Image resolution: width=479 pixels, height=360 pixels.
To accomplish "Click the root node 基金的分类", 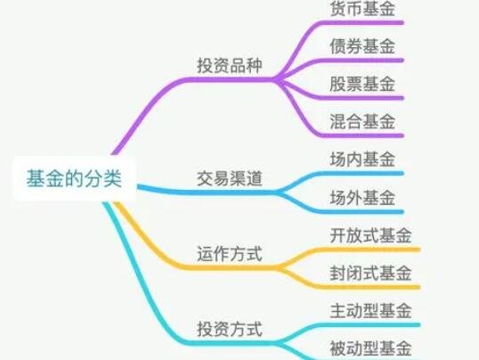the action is tap(74, 178).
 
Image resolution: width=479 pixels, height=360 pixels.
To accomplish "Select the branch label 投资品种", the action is tap(230, 65).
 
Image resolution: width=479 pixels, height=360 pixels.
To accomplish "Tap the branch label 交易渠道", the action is tap(230, 178).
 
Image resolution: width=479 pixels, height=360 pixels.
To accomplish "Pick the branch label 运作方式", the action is tap(230, 254).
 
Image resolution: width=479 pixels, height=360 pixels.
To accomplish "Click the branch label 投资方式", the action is tap(230, 329).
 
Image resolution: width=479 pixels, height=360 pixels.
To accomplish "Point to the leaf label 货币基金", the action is tap(362, 8).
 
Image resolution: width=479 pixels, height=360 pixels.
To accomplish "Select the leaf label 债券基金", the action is tap(362, 45).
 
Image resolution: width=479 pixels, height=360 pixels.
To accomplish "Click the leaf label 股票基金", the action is tap(362, 84).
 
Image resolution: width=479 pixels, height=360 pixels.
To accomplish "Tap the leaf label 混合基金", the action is tap(362, 121).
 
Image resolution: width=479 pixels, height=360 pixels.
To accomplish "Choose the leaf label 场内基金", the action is tap(362, 159).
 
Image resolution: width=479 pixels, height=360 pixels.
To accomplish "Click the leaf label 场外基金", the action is tap(362, 197).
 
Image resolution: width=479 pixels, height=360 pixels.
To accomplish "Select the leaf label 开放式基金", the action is tap(371, 235).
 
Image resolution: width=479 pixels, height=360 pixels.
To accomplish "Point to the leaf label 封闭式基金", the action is tap(371, 273).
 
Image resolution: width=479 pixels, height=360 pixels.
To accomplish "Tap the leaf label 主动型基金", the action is tap(371, 310).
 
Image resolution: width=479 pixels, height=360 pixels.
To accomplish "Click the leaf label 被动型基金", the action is tap(371, 348).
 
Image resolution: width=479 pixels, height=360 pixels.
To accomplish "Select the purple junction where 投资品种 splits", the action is tap(277, 79).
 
